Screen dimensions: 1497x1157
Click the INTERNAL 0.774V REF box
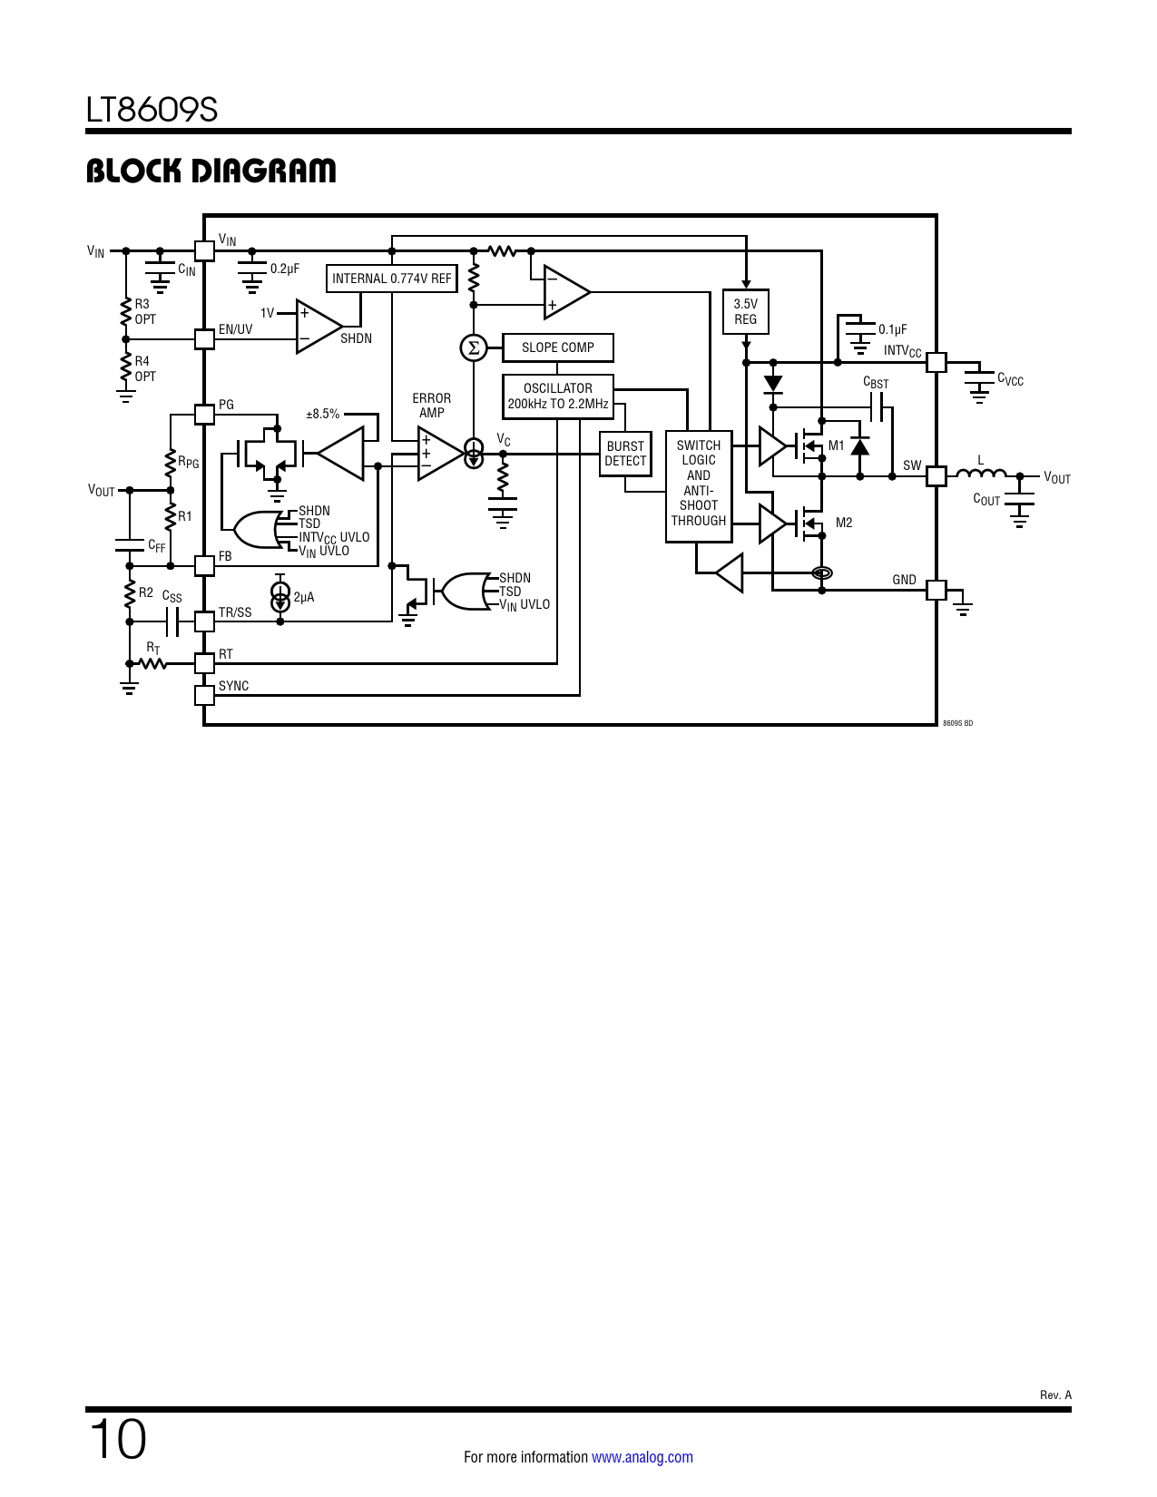[391, 279]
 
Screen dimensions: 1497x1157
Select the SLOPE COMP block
[557, 347]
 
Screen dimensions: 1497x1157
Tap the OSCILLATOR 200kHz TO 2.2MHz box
[558, 396]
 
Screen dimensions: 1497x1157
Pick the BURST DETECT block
[625, 454]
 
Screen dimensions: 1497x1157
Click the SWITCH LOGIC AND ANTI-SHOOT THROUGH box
[699, 485]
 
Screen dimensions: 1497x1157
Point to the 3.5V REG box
[745, 312]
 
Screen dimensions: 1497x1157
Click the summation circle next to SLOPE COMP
[473, 347]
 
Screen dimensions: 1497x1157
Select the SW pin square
[936, 475]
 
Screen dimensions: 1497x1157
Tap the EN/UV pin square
[204, 338]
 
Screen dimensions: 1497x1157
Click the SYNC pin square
[204, 695]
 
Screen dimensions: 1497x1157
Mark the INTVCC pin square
[936, 362]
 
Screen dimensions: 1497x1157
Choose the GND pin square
[936, 590]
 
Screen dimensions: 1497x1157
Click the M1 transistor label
[836, 445]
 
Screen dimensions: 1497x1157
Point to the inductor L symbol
[981, 473]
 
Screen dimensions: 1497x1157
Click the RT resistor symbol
[153, 664]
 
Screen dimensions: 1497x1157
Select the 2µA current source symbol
[280, 597]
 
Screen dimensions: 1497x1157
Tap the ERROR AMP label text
[431, 406]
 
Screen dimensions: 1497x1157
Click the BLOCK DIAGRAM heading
[211, 171]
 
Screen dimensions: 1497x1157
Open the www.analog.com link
[642, 1457]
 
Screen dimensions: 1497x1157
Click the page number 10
[117, 1440]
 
